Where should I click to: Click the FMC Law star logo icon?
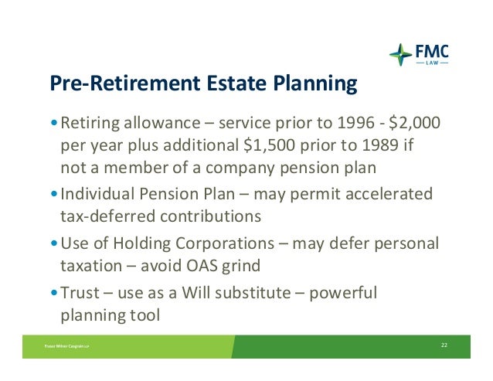pyautogui.click(x=400, y=55)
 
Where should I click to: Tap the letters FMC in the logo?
pyautogui.click(x=432, y=51)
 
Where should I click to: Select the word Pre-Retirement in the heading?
pyautogui.click(x=125, y=83)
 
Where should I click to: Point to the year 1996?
pyautogui.click(x=356, y=123)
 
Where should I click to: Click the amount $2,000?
pyautogui.click(x=414, y=123)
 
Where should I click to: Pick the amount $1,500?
pyautogui.click(x=270, y=145)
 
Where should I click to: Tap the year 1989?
pyautogui.click(x=380, y=145)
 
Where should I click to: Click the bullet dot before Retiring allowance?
pyautogui.click(x=54, y=122)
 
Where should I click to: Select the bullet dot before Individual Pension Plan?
pyautogui.click(x=54, y=193)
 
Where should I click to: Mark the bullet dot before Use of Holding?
pyautogui.click(x=54, y=243)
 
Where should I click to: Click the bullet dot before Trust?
pyautogui.click(x=54, y=293)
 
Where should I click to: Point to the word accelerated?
pyautogui.click(x=389, y=194)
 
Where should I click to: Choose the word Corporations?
pyautogui.click(x=225, y=243)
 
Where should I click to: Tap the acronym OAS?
pyautogui.click(x=202, y=266)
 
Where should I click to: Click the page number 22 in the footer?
pyautogui.click(x=444, y=345)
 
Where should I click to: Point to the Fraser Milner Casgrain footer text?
pyautogui.click(x=66, y=346)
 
